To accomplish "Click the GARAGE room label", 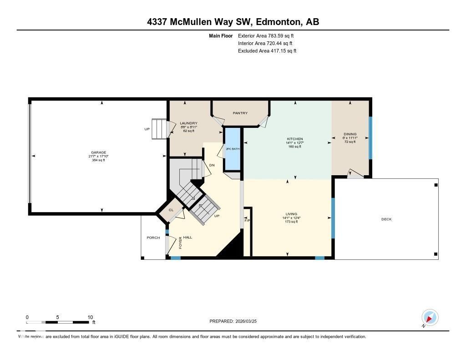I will coord(98,152).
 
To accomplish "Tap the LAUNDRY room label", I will coord(188,123).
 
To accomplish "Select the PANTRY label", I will coord(240,113).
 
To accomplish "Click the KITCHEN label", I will coord(294,139).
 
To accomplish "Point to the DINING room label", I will coord(350,134).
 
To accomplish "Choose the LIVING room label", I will coord(291,214).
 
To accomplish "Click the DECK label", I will coord(386,219).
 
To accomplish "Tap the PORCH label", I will coord(153,238).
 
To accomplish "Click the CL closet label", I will coord(171,210).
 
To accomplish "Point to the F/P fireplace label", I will coord(247,220).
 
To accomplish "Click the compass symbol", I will coord(430,317).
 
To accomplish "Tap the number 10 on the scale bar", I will coord(90,317).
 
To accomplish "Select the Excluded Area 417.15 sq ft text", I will coord(267,51).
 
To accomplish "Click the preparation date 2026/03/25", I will coord(250,321).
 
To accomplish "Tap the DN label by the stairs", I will coord(212,165).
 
